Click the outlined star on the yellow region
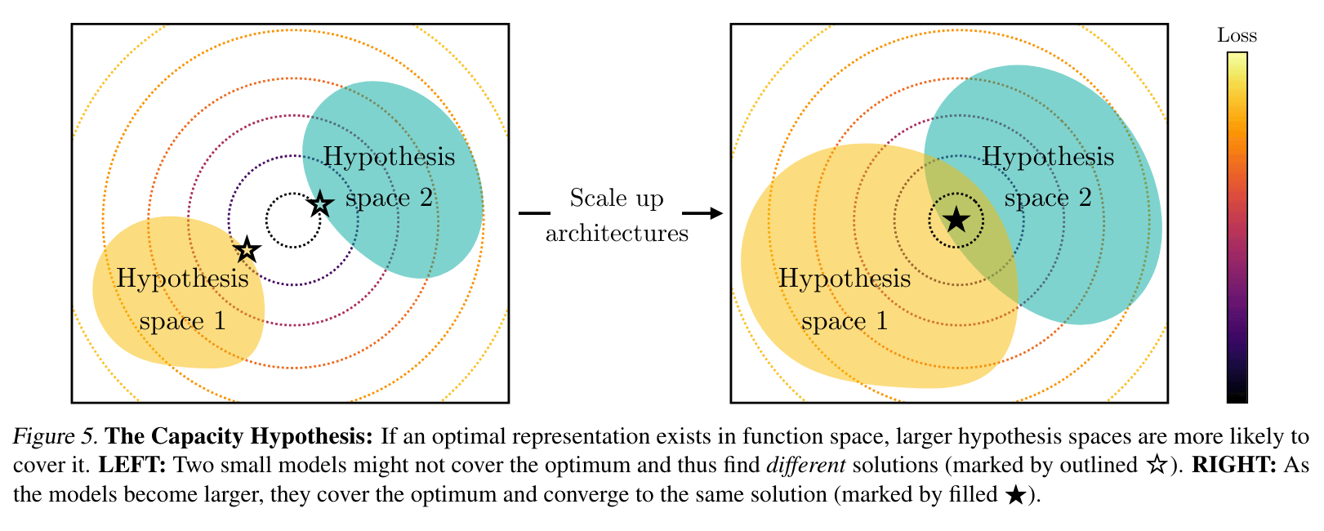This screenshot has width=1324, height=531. coord(247,249)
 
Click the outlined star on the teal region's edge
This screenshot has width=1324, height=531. coord(320,204)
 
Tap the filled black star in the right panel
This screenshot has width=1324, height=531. coord(956,220)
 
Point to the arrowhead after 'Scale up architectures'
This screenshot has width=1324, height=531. coord(715,213)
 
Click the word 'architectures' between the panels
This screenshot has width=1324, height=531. coord(617,233)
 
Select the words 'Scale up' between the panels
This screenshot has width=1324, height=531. coord(617,198)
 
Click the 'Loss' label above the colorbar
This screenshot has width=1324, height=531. coord(1237,35)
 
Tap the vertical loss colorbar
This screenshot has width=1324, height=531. coord(1237,228)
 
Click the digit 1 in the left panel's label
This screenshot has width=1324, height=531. coord(220,321)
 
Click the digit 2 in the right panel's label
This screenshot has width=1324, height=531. coord(1085,198)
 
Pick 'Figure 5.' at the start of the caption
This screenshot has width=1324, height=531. coord(55,436)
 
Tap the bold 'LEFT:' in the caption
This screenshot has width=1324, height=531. coord(132,465)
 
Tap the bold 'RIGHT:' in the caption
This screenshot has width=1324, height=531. coord(1234,465)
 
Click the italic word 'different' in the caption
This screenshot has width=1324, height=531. coord(806,465)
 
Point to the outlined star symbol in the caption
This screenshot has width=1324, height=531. coord(1157,465)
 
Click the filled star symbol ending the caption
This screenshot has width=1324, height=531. coord(1016,494)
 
